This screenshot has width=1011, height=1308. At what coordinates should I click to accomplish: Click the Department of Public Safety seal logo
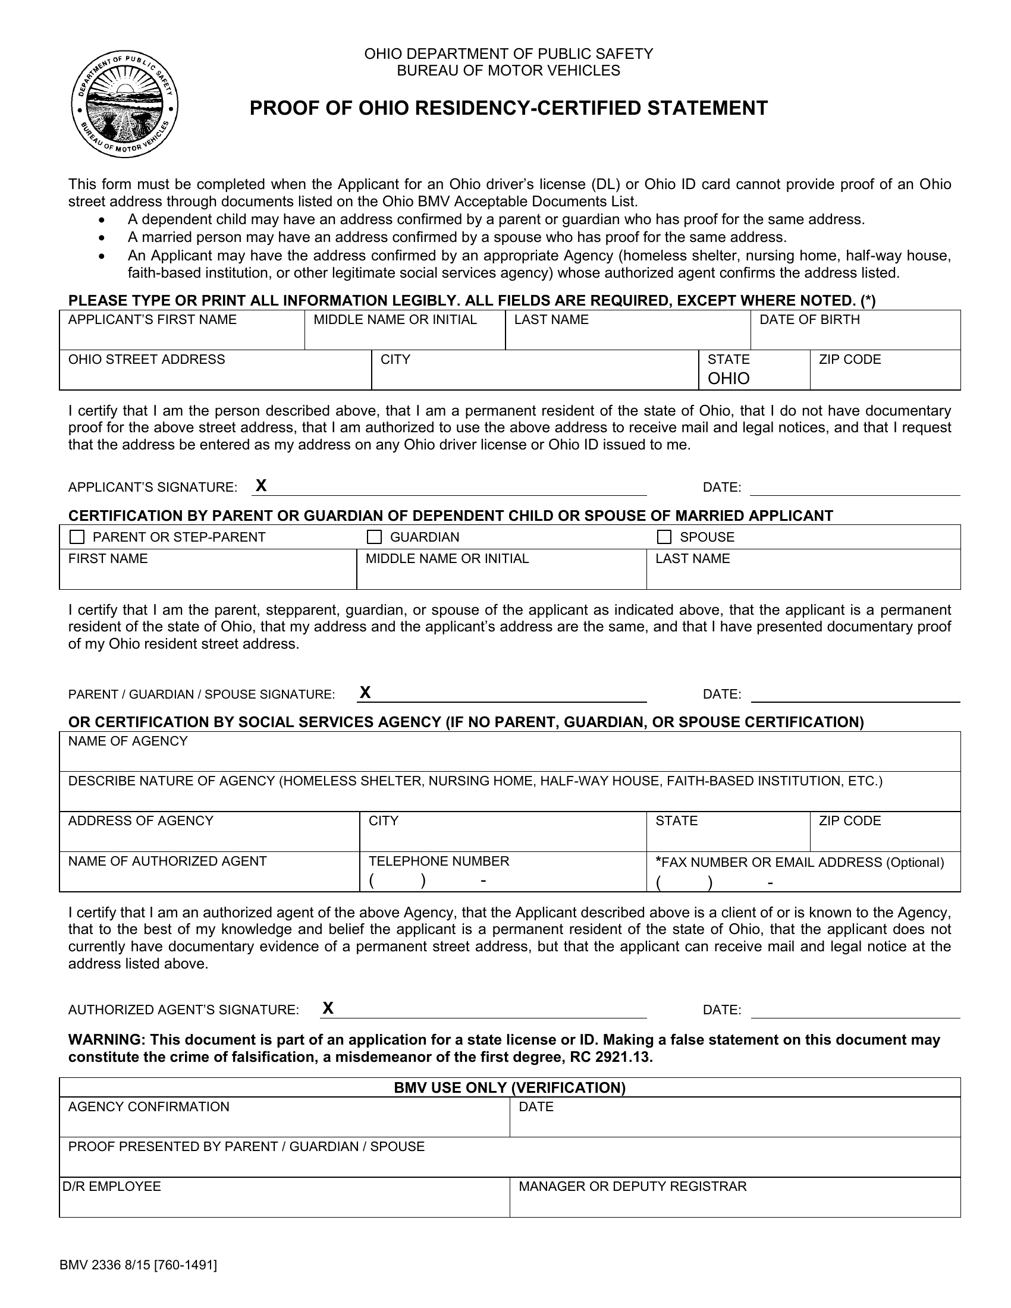(124, 105)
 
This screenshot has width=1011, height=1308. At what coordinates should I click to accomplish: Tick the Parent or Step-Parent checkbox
(77, 537)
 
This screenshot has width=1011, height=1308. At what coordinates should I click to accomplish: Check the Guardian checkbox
(374, 537)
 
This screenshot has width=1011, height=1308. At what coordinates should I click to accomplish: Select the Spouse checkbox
(664, 537)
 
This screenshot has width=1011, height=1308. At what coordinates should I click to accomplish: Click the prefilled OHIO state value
(729, 379)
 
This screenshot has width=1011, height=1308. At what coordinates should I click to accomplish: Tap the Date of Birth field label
(809, 320)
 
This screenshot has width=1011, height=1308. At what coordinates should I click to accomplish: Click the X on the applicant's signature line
(261, 485)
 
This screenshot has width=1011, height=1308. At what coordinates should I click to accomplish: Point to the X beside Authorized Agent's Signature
(328, 1008)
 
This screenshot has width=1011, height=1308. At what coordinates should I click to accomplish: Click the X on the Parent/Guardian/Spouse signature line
(365, 693)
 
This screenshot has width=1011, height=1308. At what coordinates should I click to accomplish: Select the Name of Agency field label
(128, 741)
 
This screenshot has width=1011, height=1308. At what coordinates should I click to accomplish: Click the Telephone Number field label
(438, 861)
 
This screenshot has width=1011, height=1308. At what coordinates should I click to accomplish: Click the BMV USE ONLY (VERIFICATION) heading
(510, 1087)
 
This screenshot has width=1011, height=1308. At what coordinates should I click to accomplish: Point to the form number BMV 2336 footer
(138, 1265)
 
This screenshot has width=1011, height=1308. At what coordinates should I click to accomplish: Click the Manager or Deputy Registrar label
(633, 1187)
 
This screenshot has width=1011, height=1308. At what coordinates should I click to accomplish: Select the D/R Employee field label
(111, 1187)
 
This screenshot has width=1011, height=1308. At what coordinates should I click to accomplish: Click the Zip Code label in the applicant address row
(849, 359)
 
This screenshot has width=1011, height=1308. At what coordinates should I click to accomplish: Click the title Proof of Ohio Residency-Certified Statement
(508, 108)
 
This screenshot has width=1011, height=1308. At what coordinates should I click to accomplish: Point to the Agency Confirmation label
(149, 1107)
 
